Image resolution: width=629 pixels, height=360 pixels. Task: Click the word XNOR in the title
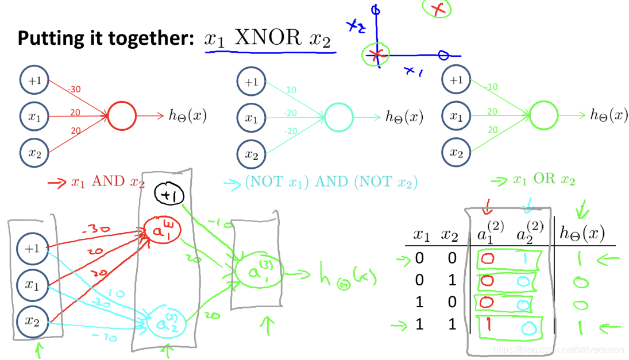click(x=268, y=38)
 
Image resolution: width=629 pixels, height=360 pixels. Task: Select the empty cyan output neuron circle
click(x=338, y=117)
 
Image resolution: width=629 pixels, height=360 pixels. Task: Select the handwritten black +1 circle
click(x=169, y=195)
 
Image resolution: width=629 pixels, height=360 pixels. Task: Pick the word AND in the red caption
click(x=108, y=181)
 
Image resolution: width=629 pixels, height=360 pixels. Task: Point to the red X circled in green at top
click(x=437, y=9)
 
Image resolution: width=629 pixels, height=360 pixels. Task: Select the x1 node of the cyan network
click(x=251, y=118)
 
